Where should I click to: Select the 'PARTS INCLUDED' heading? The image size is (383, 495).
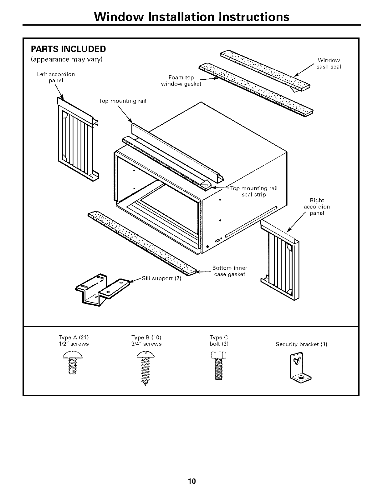pyautogui.click(x=68, y=49)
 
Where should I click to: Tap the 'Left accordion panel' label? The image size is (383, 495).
pyautogui.click(x=56, y=77)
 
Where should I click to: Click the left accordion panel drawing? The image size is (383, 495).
pyautogui.click(x=77, y=139)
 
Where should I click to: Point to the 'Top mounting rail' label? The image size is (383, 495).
pyautogui.click(x=123, y=101)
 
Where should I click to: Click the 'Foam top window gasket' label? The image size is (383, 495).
pyautogui.click(x=181, y=81)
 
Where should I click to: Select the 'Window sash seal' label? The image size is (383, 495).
pyautogui.click(x=329, y=63)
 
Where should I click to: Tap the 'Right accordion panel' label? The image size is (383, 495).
pyautogui.click(x=317, y=207)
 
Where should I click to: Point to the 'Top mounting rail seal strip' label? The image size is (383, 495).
pyautogui.click(x=254, y=191)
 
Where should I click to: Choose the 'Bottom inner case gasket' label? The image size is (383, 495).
pyautogui.click(x=230, y=271)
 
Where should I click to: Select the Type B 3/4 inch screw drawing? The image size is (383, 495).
pyautogui.click(x=145, y=367)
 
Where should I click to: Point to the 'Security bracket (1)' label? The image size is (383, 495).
pyautogui.click(x=301, y=344)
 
